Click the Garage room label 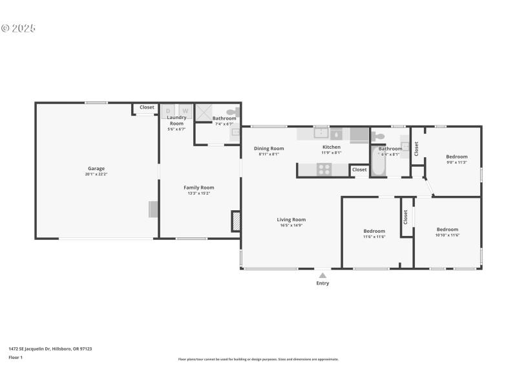click(x=96, y=169)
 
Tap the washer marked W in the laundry click(x=185, y=111)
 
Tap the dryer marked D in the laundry click(x=169, y=111)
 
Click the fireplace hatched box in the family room click(x=237, y=221)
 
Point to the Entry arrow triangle click(x=322, y=275)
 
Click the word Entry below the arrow click(x=322, y=283)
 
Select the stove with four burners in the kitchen click(x=324, y=169)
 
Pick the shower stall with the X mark click(x=205, y=111)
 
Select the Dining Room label click(x=269, y=149)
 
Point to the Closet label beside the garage click(x=147, y=107)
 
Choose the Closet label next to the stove click(x=360, y=169)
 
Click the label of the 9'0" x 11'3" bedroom click(x=457, y=156)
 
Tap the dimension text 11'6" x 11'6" click(x=374, y=237)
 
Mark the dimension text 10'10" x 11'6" click(x=447, y=235)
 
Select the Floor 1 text click(x=16, y=357)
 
